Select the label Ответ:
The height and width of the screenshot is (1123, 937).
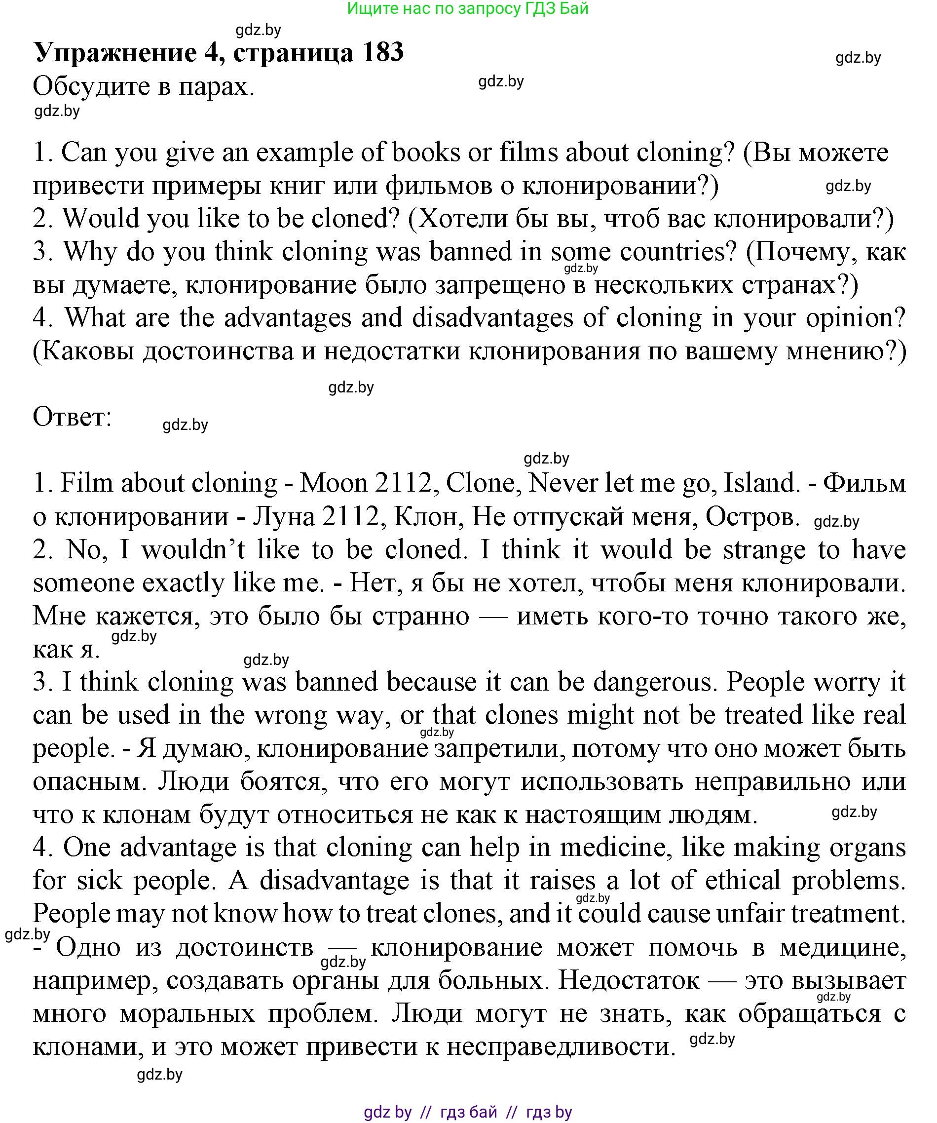click(72, 417)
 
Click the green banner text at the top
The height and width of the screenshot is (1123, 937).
click(468, 8)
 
